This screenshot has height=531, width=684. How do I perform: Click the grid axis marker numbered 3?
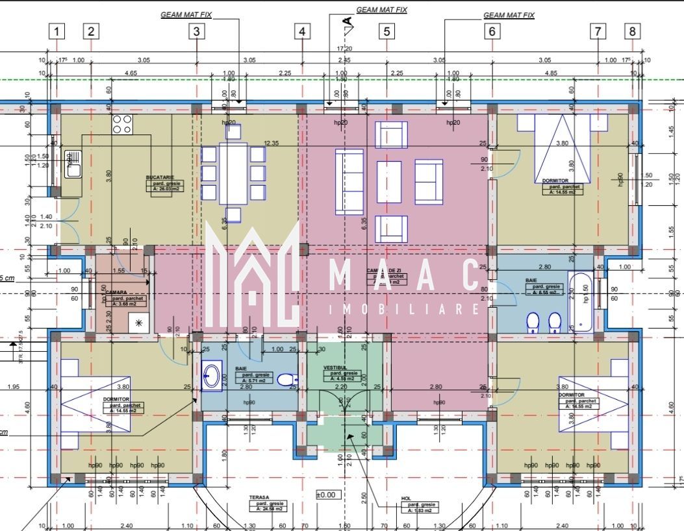197,31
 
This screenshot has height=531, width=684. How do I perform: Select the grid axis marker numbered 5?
386,31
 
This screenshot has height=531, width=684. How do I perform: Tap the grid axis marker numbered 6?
492,31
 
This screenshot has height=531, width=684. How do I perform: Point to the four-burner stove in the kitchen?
122,124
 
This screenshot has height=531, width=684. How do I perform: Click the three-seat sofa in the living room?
349,182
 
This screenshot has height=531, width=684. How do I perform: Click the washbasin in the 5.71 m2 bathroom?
211,375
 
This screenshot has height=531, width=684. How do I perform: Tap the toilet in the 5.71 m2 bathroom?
285,378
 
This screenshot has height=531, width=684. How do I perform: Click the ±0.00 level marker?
327,495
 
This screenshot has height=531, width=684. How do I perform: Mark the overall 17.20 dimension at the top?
344,49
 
